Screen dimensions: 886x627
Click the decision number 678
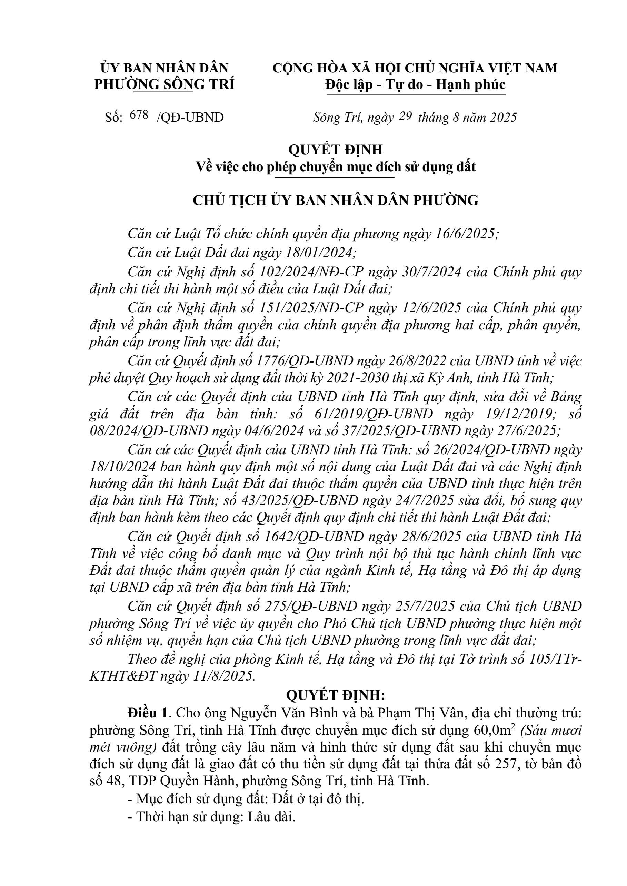[x=139, y=115]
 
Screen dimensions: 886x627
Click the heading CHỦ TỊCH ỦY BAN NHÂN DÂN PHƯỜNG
[x=336, y=201]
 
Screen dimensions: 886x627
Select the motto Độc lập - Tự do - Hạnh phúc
[x=415, y=84]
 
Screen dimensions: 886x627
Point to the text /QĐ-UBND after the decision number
[x=190, y=117]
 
